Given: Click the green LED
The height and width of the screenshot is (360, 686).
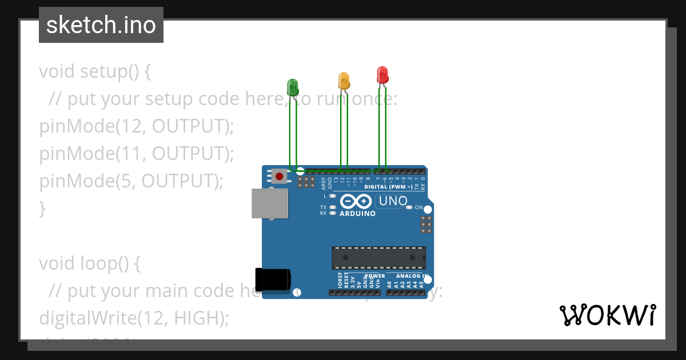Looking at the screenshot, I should pyautogui.click(x=292, y=87).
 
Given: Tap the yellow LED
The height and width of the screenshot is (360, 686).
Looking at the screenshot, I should pyautogui.click(x=344, y=81).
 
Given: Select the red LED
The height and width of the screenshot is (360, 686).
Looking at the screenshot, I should pyautogui.click(x=382, y=75).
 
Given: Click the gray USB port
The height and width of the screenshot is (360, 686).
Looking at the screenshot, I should pyautogui.click(x=270, y=203).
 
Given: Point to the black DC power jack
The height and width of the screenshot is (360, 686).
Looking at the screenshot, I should pyautogui.click(x=273, y=278).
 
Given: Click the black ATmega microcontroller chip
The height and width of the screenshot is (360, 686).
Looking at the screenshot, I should pyautogui.click(x=378, y=257).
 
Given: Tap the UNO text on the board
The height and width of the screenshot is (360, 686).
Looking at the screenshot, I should pyautogui.click(x=393, y=201).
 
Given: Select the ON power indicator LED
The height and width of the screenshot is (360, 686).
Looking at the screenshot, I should pyautogui.click(x=409, y=207).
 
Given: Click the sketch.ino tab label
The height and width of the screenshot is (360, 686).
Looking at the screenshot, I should pyautogui.click(x=101, y=25).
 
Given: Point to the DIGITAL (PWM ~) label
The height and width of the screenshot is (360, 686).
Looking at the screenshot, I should pyautogui.click(x=388, y=187).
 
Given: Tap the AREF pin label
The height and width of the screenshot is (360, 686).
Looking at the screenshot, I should pyautogui.click(x=324, y=183).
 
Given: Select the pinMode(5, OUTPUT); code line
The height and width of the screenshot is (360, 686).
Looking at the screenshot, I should pyautogui.click(x=131, y=181).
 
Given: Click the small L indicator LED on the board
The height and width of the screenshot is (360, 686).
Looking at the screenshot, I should pyautogui.click(x=332, y=196).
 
